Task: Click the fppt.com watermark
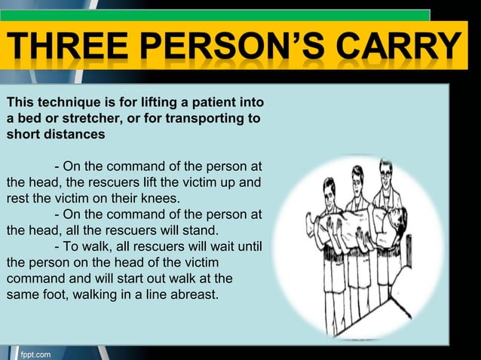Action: pyautogui.click(x=35, y=352)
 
